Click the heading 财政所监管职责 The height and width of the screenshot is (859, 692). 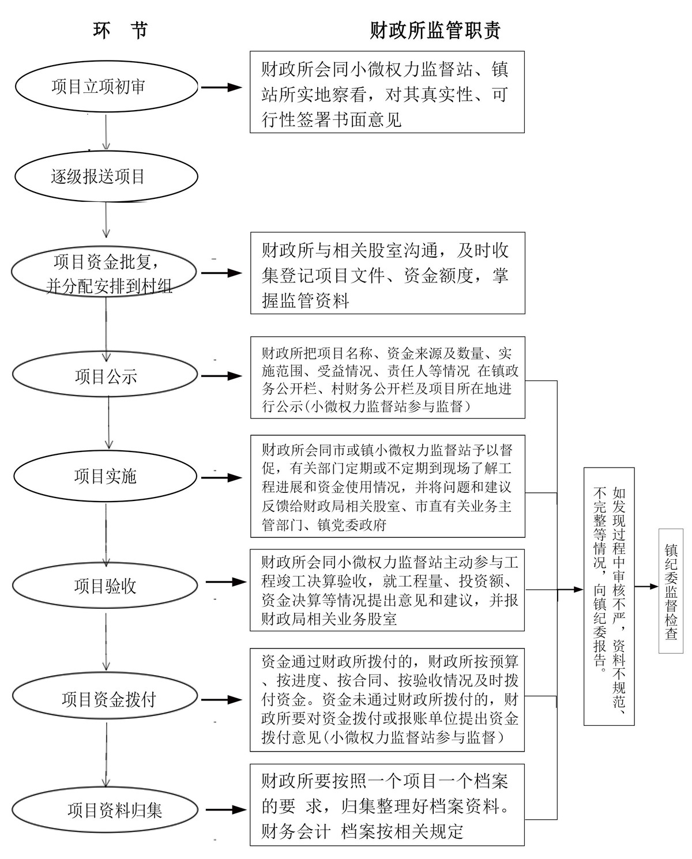pos(435,31)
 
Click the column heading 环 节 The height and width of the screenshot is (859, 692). pos(121,31)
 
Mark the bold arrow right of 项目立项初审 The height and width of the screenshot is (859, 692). pos(221,88)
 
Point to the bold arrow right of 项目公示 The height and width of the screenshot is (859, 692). pos(221,376)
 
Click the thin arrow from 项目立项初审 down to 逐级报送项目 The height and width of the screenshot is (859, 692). pos(106,132)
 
